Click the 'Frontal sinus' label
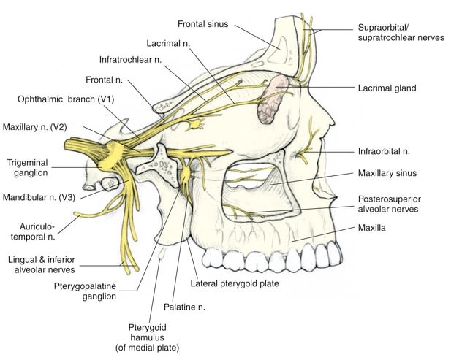202,24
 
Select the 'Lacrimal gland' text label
387,88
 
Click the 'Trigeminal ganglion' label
27,167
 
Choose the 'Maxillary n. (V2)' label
35,127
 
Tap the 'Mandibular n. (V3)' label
39,197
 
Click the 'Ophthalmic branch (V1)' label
66,99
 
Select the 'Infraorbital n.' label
384,151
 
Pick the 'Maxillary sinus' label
387,173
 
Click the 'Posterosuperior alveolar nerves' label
389,204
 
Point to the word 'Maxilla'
372,228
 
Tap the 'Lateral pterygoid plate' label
235,283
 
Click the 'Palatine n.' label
184,307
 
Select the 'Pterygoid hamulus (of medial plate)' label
148,337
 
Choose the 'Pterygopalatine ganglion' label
85,291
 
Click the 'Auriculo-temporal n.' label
33,231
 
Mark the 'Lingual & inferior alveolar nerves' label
41,264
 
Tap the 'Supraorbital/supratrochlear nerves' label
401,32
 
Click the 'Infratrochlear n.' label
130,60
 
